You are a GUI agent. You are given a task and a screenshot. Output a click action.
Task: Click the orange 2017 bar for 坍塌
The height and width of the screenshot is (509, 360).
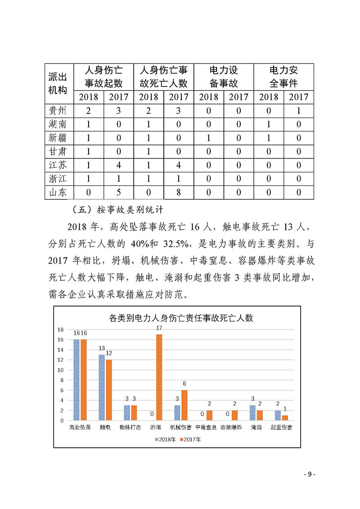pyautogui.click(x=159, y=377)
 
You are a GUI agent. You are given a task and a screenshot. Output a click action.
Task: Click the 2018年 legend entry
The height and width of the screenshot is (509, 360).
pyautogui.click(x=166, y=439)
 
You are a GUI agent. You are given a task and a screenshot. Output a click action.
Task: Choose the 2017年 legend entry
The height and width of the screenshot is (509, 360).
pyautogui.click(x=190, y=439)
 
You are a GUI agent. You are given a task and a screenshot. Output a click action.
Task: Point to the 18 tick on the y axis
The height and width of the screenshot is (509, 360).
pyautogui.click(x=60, y=329)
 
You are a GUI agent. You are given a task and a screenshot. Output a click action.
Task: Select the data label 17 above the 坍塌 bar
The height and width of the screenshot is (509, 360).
pyautogui.click(x=159, y=328)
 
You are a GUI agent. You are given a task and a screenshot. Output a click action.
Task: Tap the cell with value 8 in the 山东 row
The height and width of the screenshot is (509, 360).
pyautogui.click(x=178, y=193)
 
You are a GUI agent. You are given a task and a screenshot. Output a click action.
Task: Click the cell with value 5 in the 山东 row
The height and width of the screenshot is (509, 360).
pyautogui.click(x=119, y=193)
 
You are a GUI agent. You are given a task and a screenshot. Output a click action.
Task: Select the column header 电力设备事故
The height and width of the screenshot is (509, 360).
pyautogui.click(x=224, y=77)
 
